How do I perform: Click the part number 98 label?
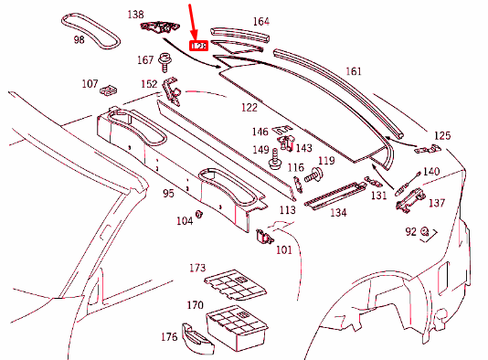(x=79, y=40)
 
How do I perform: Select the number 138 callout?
(x=135, y=15)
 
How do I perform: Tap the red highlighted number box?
(x=197, y=45)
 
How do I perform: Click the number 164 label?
(x=261, y=21)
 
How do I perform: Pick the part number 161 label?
(x=354, y=71)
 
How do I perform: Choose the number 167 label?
(x=145, y=60)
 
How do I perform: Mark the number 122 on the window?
(x=249, y=108)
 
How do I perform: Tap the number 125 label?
(x=442, y=135)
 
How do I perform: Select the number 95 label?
(x=168, y=194)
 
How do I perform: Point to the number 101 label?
(x=283, y=249)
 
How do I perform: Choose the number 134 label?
(x=338, y=213)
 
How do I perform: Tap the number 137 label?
(x=437, y=203)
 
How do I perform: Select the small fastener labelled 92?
(x=425, y=232)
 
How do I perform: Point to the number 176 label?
(x=169, y=337)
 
